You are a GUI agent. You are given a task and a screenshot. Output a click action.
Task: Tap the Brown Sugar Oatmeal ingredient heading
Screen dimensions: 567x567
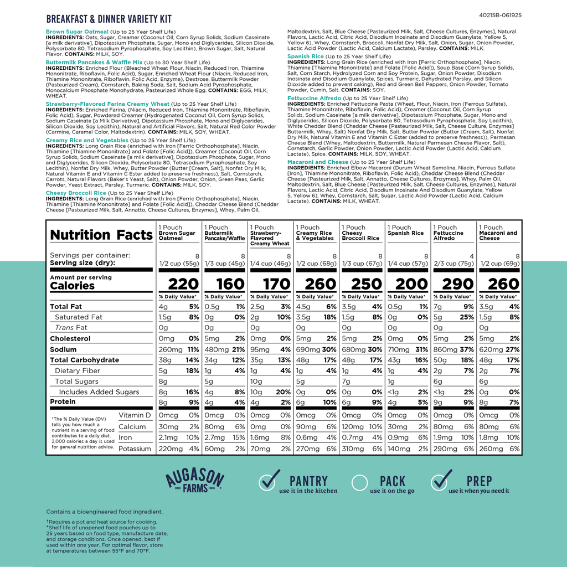pyautogui.click(x=78, y=32)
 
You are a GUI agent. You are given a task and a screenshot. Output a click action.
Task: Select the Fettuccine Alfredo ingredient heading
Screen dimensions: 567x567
pyautogui.click(x=314, y=97)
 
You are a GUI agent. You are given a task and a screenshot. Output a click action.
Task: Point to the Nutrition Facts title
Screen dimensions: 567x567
pyautogui.click(x=101, y=235)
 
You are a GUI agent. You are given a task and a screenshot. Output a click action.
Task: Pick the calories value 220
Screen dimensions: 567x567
pyautogui.click(x=183, y=284)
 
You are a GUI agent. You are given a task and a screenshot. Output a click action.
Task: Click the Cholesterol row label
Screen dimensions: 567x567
pyautogui.click(x=70, y=338)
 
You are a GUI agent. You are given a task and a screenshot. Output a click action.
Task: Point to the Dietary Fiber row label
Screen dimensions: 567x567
pyautogui.click(x=78, y=370)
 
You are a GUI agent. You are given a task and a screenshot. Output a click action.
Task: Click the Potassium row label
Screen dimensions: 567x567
pyautogui.click(x=135, y=449)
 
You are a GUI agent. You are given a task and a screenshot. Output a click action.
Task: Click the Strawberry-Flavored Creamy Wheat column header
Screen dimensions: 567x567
pyautogui.click(x=270, y=235)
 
